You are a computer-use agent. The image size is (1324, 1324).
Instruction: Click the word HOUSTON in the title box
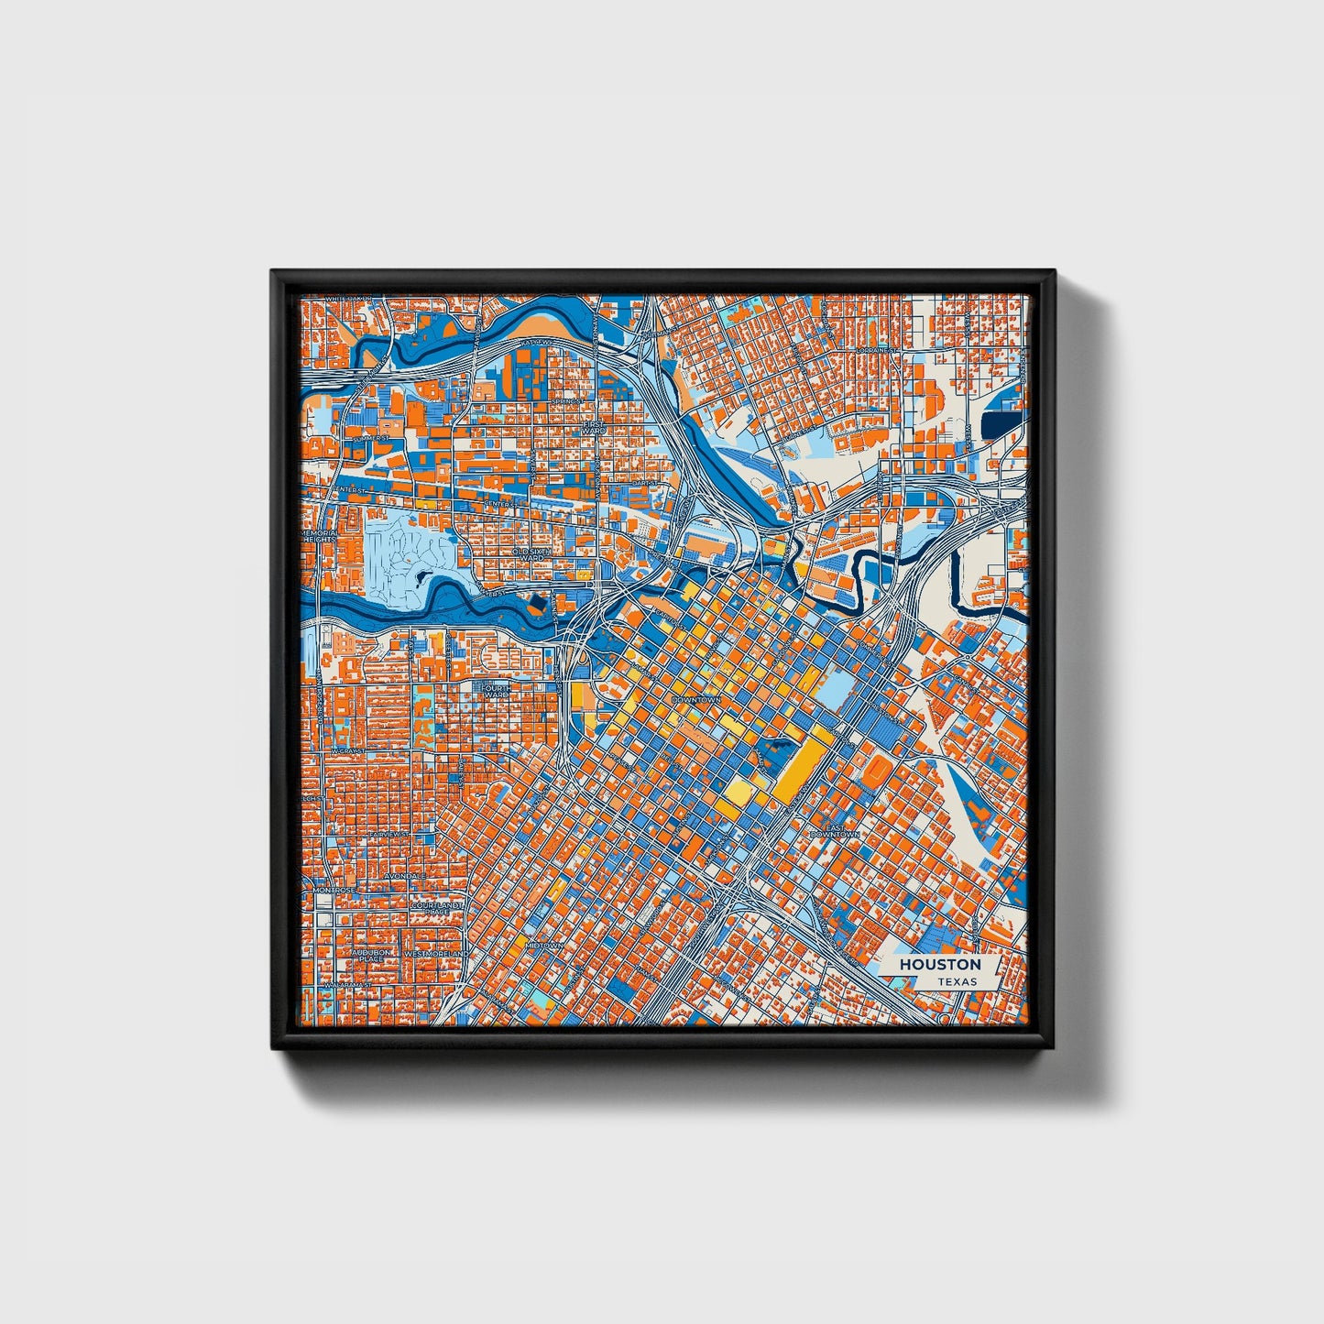coord(939,964)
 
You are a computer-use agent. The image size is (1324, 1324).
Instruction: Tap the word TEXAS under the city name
coord(956,981)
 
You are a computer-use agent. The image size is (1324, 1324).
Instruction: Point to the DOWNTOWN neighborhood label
coord(697,699)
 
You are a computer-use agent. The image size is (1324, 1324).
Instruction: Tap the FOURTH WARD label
coord(496,690)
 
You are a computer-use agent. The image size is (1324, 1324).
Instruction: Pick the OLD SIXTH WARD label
coord(533,555)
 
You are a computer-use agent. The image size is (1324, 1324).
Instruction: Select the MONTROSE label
coord(334,890)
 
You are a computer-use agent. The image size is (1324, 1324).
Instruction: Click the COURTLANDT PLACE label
coord(430,907)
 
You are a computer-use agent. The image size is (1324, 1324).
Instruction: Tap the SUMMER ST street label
coord(352,439)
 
